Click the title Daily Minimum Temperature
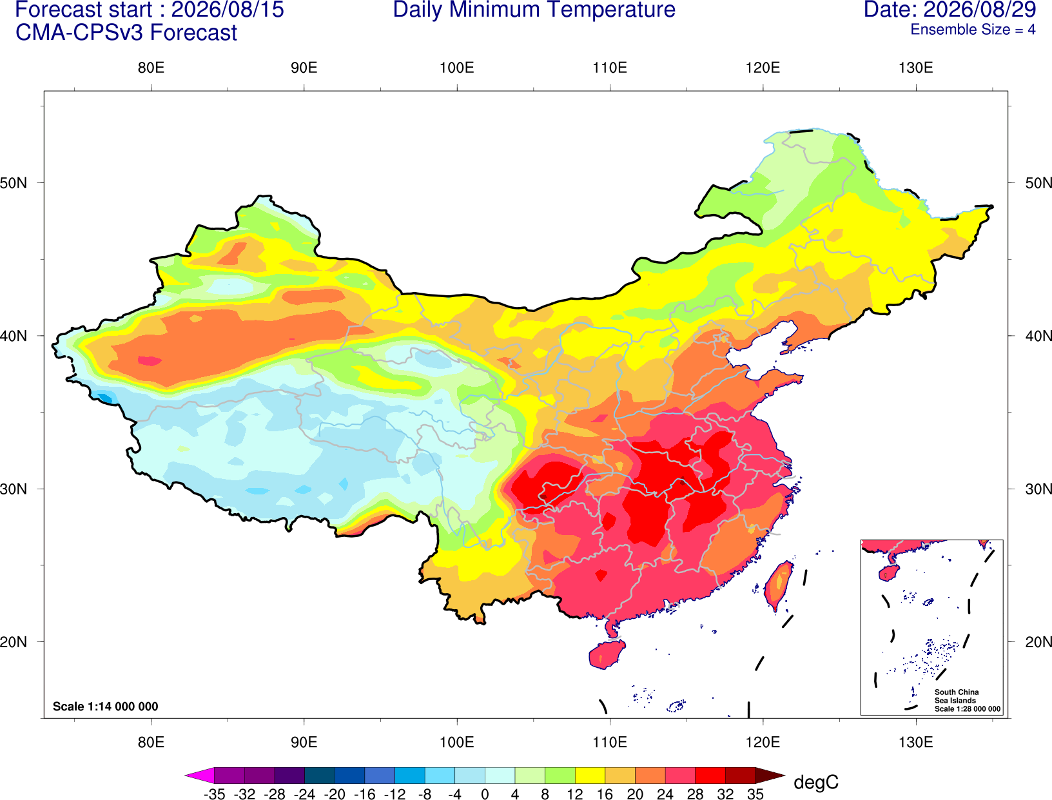coord(534,10)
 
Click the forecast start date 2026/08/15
coord(228,10)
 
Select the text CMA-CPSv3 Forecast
coord(126,33)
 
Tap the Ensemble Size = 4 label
coord(973,30)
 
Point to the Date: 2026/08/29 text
coord(950,10)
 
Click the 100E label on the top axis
coord(457,68)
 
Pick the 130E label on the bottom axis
coord(916,743)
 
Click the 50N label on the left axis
coord(14,182)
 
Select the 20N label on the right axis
coord(1038,642)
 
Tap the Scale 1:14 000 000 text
coord(106,706)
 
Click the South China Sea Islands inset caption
coord(967,700)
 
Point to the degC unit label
coord(816,782)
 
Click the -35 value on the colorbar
coord(214,794)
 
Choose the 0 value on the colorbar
coord(485,794)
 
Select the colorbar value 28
coord(696,794)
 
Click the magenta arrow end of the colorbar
coord(199,775)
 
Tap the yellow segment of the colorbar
coord(590,775)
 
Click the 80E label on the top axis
coord(151,68)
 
